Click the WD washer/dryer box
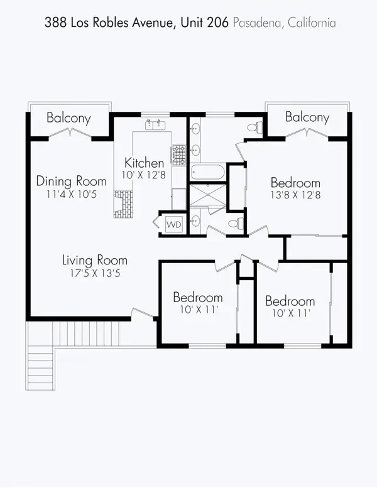pos(173,224)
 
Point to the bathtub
pos(207,172)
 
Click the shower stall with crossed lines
pos(207,195)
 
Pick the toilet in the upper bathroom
pos(253,127)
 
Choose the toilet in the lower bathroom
pos(234,223)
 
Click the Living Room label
pos(94,260)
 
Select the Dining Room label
pos(70,182)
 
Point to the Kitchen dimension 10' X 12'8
pos(144,175)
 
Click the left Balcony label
pos(69,117)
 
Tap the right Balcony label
pos(307,117)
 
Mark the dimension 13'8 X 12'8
pos(295,195)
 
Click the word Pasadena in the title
pos(254,23)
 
